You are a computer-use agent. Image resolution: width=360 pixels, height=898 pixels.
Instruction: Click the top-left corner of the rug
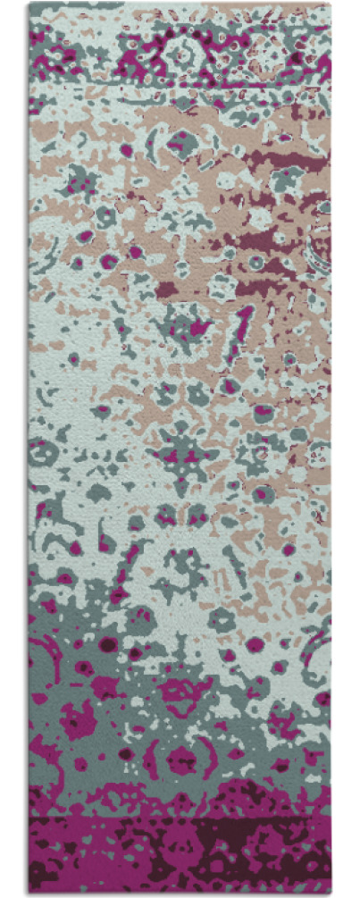tap(29, 4)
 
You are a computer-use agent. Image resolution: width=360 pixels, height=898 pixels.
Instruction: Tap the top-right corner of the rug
tap(331, 4)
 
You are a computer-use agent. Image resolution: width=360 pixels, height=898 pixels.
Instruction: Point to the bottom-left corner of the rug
tap(29, 894)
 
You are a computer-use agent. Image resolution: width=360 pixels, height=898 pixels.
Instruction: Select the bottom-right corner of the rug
tap(331, 894)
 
